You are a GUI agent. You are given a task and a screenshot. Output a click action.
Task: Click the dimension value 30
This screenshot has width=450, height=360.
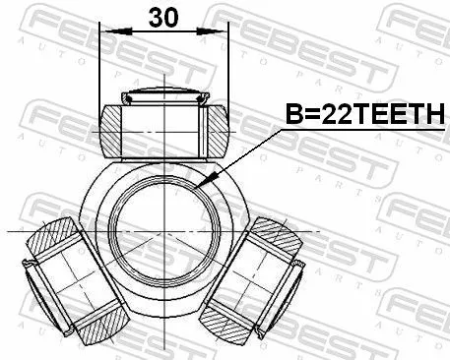point(163,17)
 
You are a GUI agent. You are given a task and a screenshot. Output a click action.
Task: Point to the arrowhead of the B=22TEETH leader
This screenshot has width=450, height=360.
point(200,184)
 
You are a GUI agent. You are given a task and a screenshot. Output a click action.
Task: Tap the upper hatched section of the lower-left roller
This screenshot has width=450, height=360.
point(55,237)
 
